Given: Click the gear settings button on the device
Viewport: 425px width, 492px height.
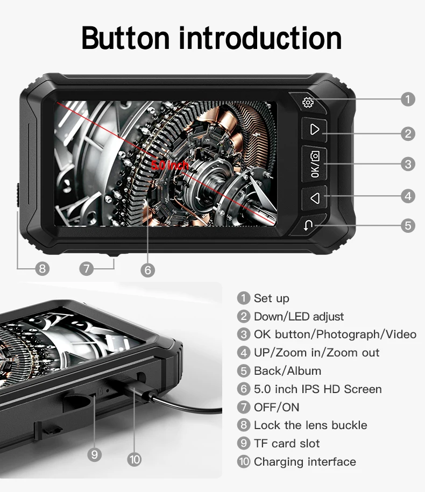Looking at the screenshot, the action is tap(308, 103).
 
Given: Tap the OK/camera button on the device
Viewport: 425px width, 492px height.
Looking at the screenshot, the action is tap(315, 164).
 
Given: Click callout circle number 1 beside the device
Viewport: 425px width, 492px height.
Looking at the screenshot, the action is tap(408, 99).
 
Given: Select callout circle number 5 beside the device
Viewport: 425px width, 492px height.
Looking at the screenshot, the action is tap(408, 225).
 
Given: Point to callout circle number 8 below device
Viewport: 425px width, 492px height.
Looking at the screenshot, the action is tap(42, 269).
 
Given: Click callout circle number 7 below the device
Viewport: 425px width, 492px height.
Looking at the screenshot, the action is tap(86, 269).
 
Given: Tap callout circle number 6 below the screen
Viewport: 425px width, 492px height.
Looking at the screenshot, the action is tap(148, 270).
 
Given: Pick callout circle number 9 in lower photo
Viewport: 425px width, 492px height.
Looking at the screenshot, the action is tap(95, 455).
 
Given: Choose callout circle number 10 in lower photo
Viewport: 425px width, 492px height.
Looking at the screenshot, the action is tap(134, 460).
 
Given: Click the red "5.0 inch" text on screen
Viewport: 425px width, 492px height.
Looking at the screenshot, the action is tap(170, 165).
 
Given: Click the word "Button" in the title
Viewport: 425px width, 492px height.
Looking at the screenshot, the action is tap(125, 38).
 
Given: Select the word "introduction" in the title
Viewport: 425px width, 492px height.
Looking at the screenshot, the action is tap(260, 38).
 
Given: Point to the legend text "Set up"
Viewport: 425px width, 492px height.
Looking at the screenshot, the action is tap(272, 298).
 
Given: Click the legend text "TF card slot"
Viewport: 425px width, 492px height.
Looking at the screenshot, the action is tap(287, 444).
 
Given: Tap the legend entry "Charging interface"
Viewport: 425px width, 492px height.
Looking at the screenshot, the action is tap(305, 461).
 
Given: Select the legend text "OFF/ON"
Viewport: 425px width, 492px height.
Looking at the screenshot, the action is tap(277, 407).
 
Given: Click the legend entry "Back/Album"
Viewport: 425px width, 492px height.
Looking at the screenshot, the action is tap(287, 371).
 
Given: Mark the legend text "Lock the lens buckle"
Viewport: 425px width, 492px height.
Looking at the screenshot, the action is tap(310, 425).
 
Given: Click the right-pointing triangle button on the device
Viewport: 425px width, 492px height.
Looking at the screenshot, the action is tap(315, 130).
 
